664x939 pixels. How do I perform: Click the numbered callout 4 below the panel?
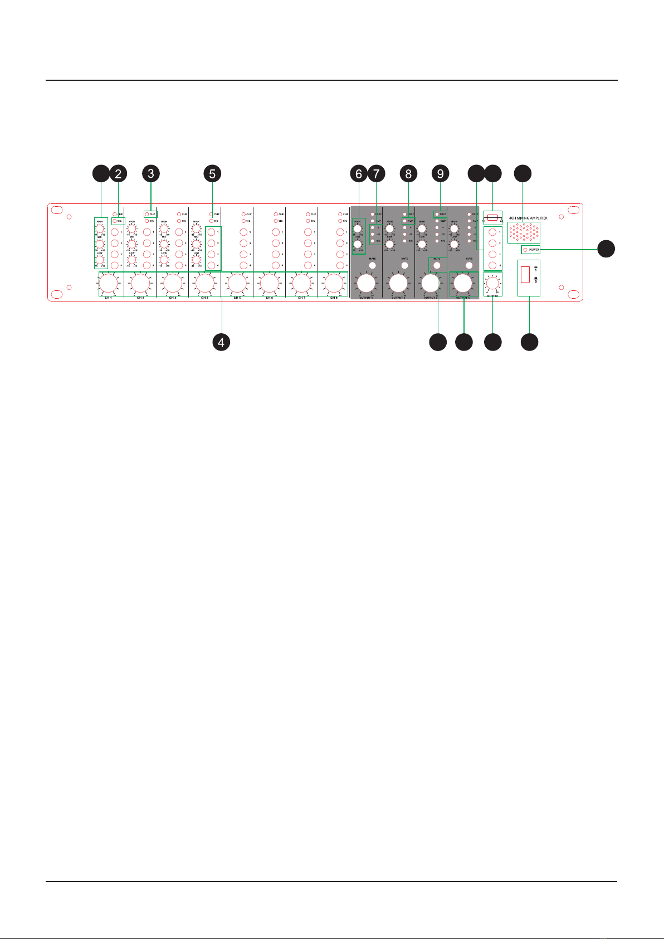point(221,342)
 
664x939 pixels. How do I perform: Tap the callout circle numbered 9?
point(440,174)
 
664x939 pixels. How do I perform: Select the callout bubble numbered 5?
point(212,174)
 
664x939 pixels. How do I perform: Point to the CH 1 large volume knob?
point(108,284)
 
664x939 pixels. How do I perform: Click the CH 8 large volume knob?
point(334,284)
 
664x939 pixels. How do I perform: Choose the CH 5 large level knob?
point(237,284)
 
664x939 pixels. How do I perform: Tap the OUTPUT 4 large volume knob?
point(462,284)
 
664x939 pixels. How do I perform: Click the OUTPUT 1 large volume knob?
point(366,284)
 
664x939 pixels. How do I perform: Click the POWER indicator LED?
point(525,250)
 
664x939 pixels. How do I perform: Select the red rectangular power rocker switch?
point(525,274)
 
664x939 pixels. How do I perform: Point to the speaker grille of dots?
point(524,231)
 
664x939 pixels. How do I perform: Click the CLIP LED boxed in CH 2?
point(147,214)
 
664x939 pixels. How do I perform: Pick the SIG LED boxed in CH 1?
point(115,221)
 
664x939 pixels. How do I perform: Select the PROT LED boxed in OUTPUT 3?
point(437,214)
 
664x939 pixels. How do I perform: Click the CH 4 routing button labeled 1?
point(211,232)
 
